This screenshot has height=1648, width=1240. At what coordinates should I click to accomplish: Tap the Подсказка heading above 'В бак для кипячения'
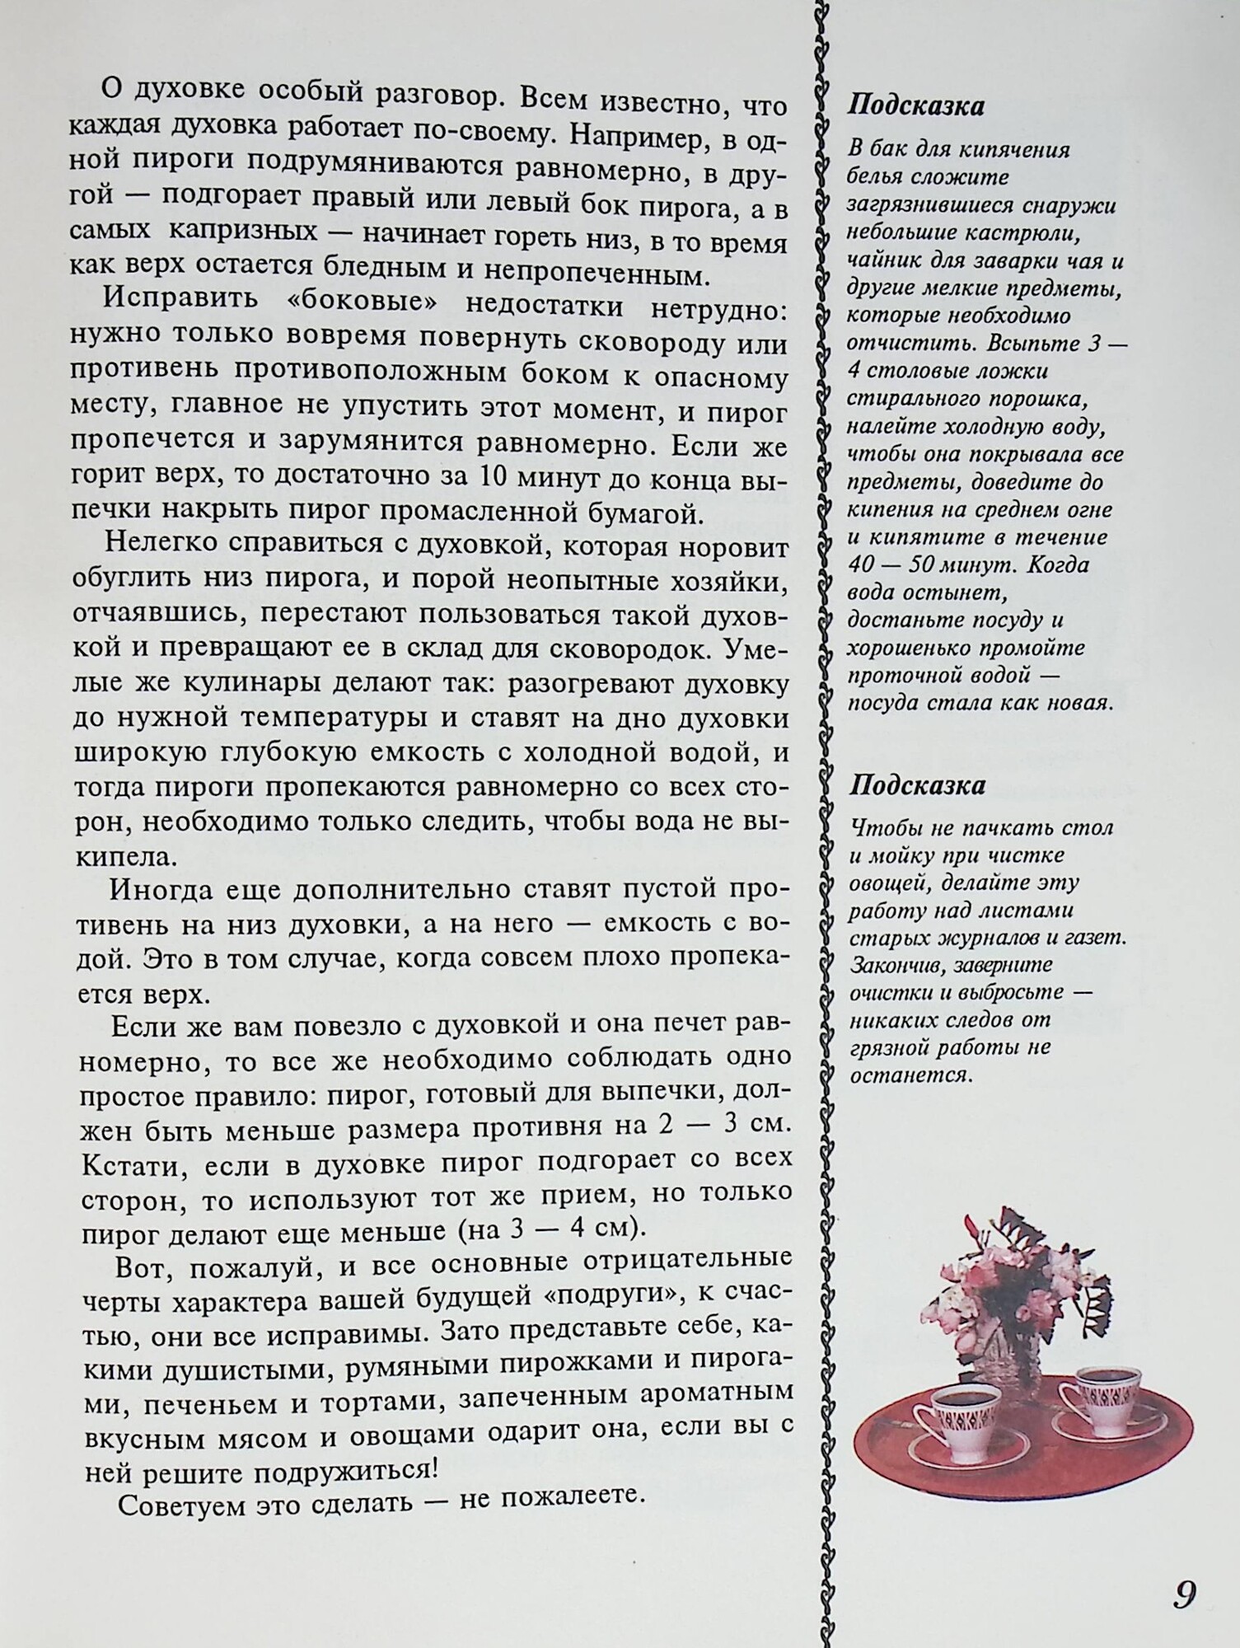pyautogui.click(x=916, y=106)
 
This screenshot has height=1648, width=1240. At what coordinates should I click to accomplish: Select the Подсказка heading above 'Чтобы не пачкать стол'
pyautogui.click(x=917, y=785)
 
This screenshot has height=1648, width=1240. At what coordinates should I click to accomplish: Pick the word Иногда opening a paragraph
pyautogui.click(x=157, y=891)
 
